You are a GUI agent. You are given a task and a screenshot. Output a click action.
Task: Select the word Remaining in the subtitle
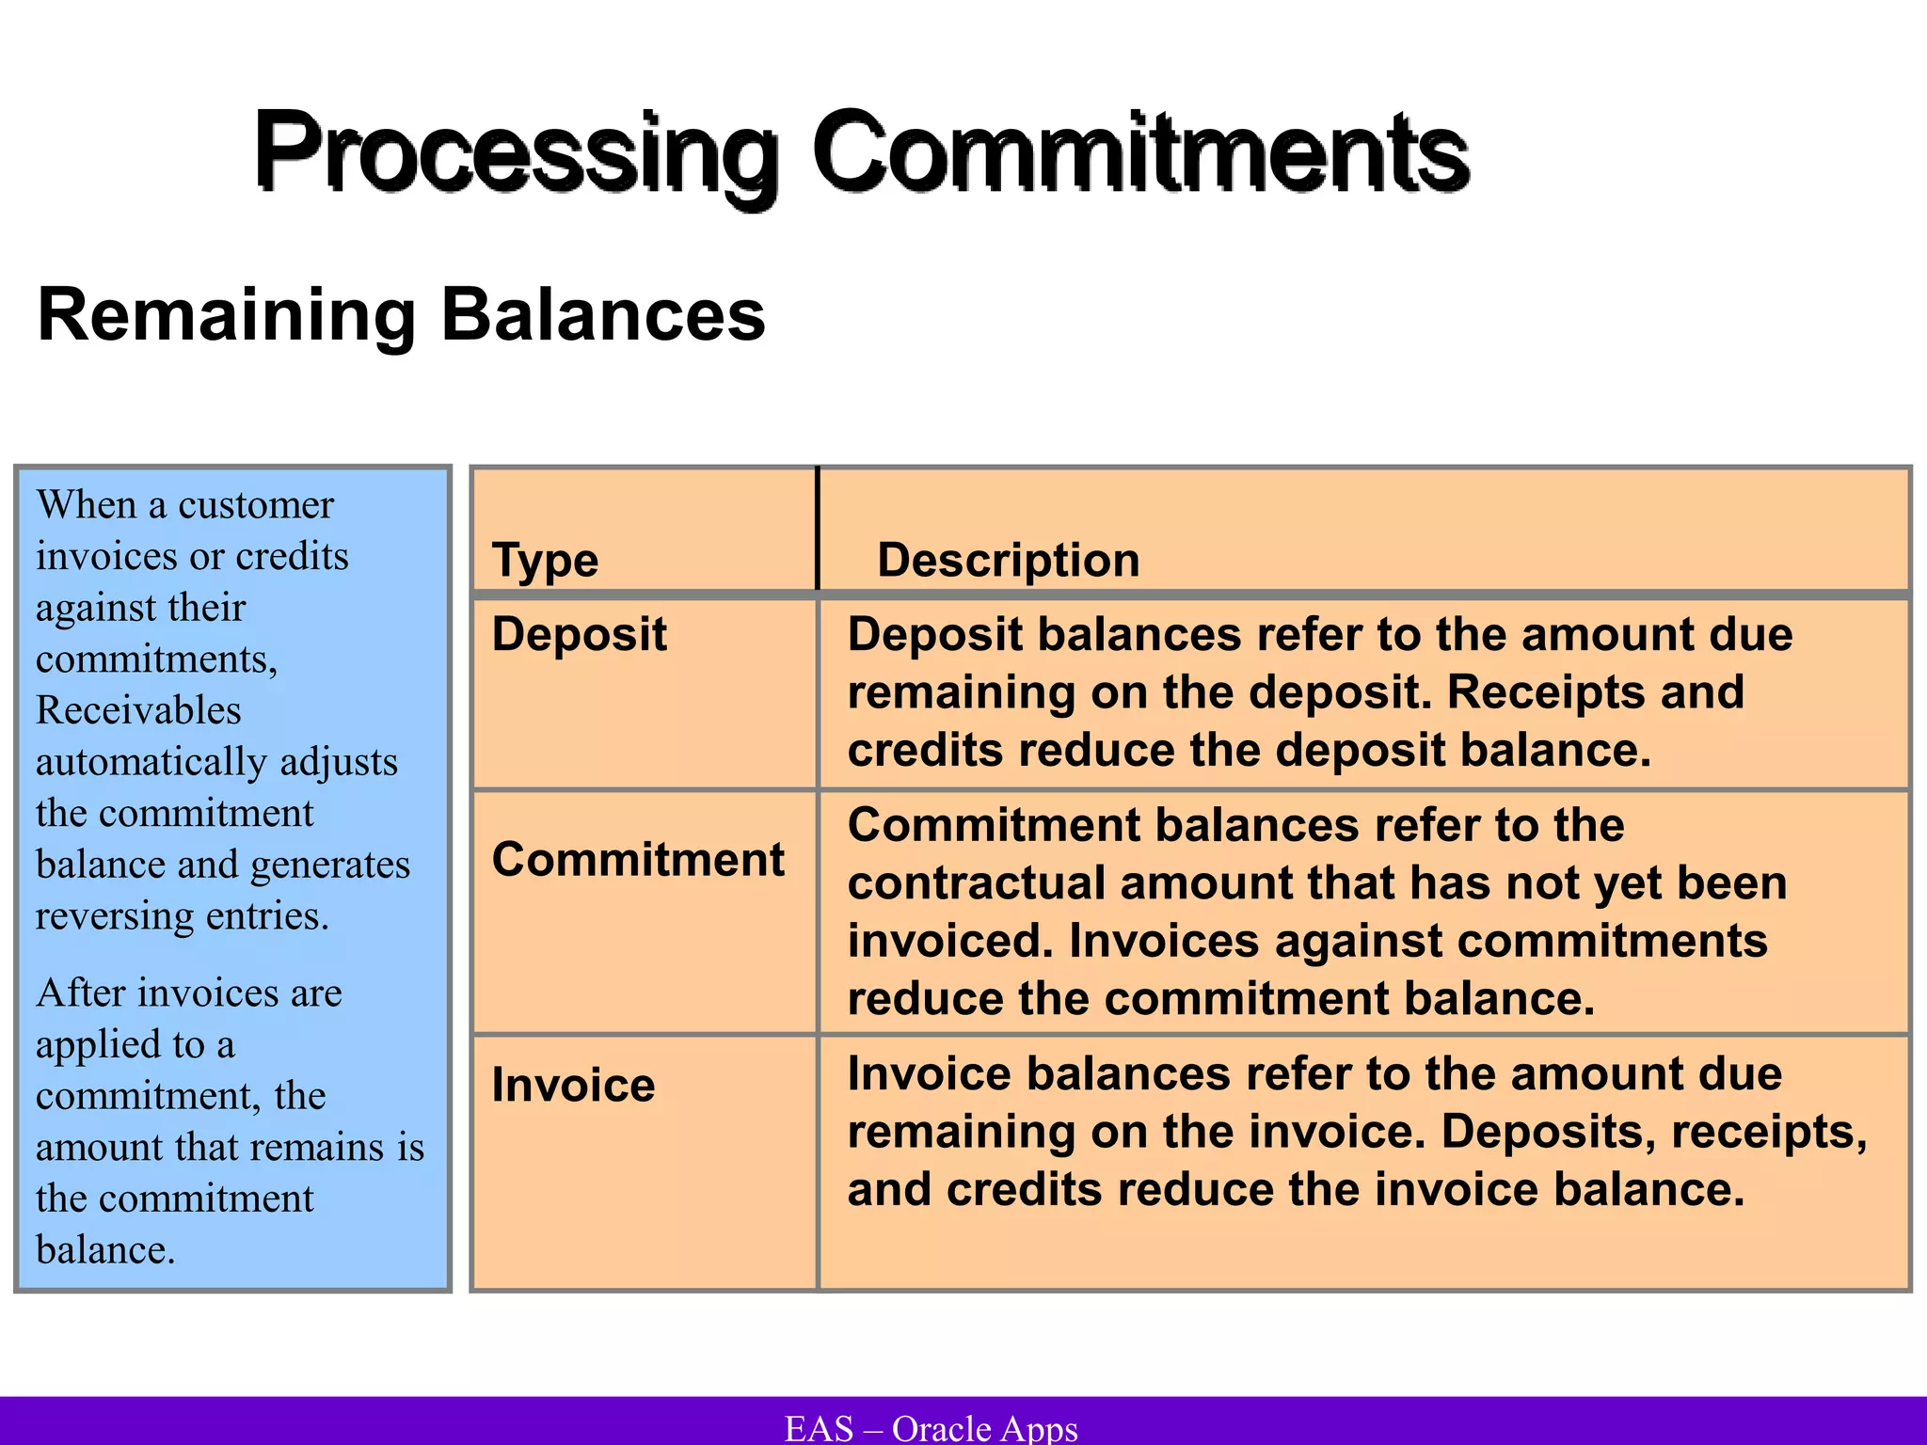[226, 315]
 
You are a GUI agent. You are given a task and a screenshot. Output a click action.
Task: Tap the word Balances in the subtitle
[603, 315]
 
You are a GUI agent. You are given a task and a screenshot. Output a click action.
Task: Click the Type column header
[545, 561]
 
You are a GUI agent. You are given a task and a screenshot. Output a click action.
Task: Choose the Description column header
[1008, 561]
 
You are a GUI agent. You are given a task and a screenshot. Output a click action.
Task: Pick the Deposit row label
[579, 634]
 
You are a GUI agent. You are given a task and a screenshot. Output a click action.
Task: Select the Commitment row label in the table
[638, 860]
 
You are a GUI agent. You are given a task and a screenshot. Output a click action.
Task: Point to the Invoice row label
[573, 1086]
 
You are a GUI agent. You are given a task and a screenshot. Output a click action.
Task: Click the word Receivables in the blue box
[138, 710]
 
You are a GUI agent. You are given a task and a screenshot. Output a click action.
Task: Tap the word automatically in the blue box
[151, 762]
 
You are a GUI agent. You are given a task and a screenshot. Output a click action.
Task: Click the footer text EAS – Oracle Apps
[931, 1428]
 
